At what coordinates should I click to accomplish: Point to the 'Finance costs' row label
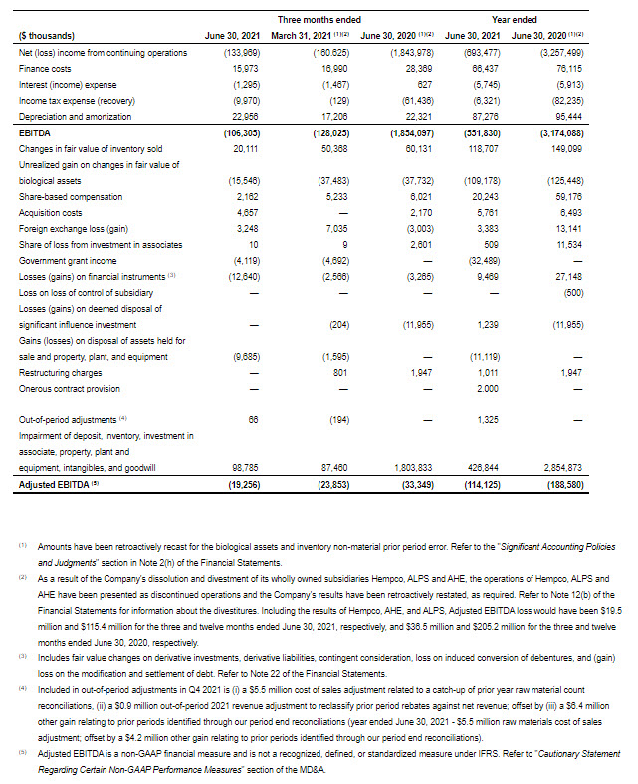44,67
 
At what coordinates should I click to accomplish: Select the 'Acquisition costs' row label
49,213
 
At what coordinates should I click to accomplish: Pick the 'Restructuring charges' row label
59,372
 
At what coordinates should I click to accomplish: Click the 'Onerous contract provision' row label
69,388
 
